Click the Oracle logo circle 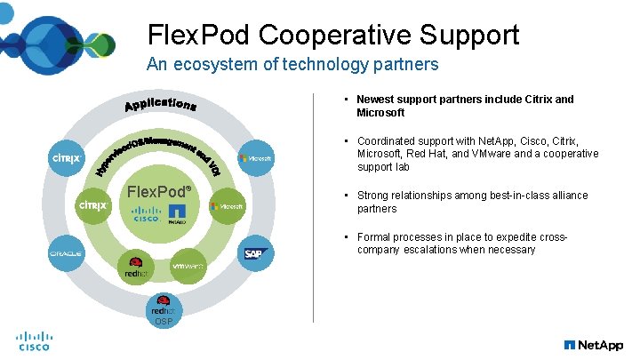tap(66, 253)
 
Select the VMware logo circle tap(189, 266)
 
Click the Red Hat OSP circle tap(163, 313)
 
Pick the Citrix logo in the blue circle tap(66, 158)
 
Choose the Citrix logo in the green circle tap(93, 205)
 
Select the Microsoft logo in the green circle tap(226, 205)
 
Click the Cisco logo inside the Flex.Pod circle tap(146, 214)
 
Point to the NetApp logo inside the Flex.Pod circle tap(176, 214)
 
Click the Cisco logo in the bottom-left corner tap(35, 341)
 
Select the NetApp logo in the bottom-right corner tap(593, 344)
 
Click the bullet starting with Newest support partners tap(465, 106)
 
